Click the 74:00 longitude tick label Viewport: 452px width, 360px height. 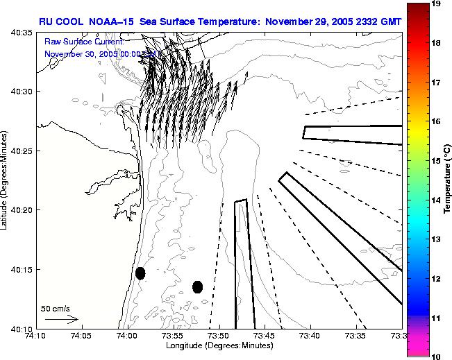click(127, 336)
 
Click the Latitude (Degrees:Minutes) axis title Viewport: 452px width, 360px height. click(6, 180)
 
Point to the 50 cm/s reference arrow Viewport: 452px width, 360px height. click(61, 319)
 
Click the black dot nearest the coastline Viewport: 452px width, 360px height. click(140, 273)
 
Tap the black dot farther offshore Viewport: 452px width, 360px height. click(197, 286)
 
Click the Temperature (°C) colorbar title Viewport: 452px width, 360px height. click(449, 180)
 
